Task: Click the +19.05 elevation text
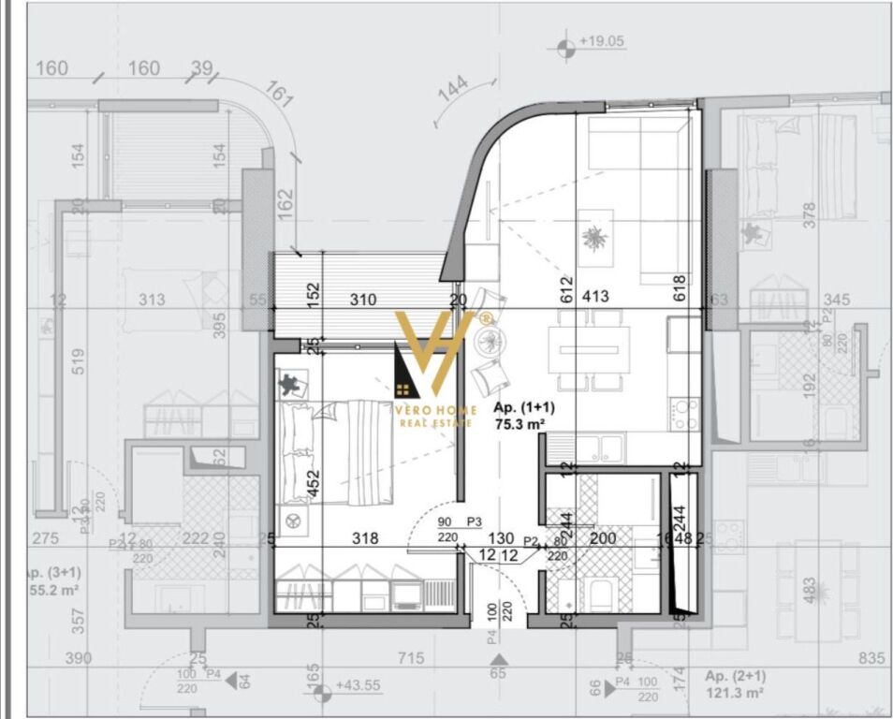(x=602, y=42)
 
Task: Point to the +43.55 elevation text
(x=359, y=685)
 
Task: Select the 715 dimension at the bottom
(x=411, y=659)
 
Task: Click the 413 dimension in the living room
(x=595, y=297)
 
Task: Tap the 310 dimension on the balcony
(x=363, y=301)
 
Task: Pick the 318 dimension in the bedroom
(x=364, y=538)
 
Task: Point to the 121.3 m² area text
(x=734, y=693)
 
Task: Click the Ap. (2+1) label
(x=735, y=676)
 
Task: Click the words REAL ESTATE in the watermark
(x=435, y=423)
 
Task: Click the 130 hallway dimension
(x=502, y=538)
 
